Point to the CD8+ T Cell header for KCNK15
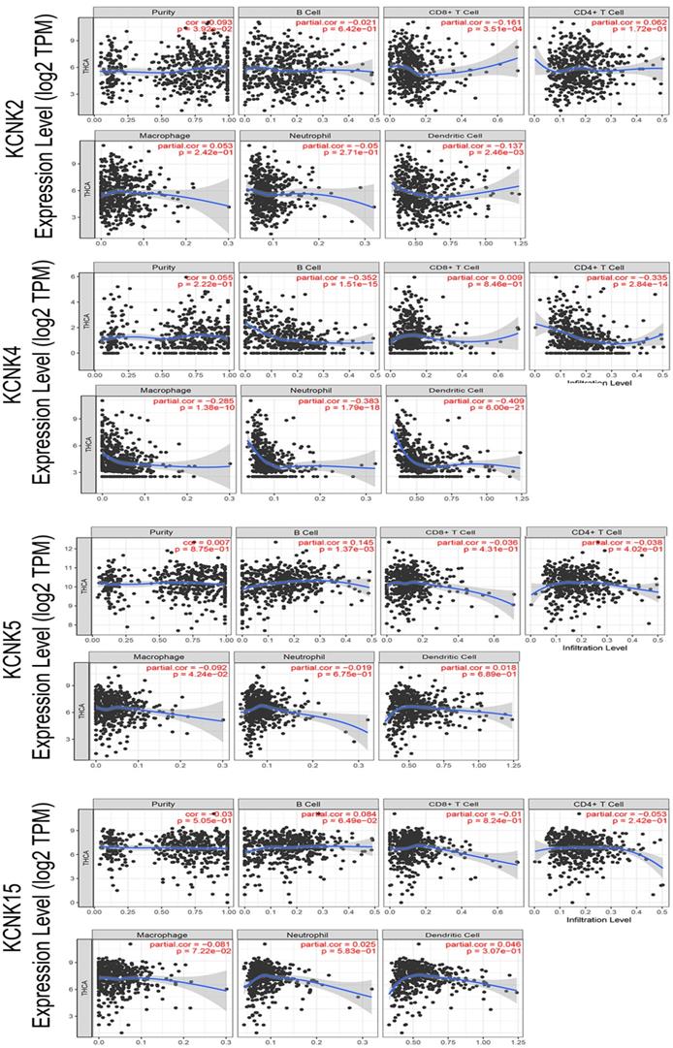tap(451, 804)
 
